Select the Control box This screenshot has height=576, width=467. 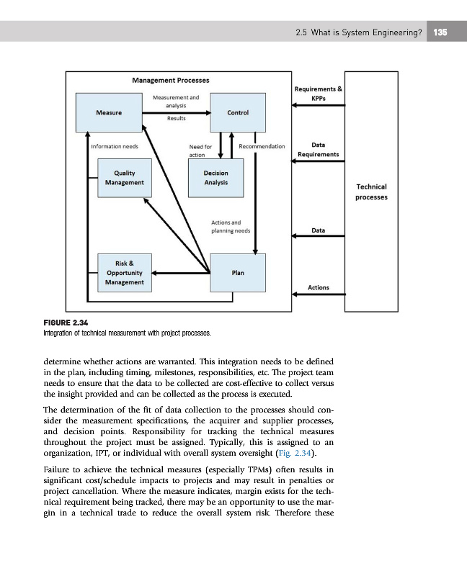point(238,112)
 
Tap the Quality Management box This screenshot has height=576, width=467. point(124,178)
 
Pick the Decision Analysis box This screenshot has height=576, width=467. point(215,178)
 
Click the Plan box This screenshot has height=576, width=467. point(237,273)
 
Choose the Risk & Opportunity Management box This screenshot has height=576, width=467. point(124,273)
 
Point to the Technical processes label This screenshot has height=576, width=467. point(371,192)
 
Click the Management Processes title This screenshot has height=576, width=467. point(171,79)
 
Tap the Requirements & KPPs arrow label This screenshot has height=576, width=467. point(319,93)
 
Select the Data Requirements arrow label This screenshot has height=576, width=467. point(318,149)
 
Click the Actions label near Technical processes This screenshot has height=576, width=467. point(319,287)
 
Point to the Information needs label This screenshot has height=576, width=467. point(115,146)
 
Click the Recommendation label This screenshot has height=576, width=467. point(262,146)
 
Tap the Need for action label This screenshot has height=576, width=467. point(200,150)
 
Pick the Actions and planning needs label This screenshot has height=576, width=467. point(231,227)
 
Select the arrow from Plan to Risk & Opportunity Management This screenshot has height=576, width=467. point(180,273)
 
